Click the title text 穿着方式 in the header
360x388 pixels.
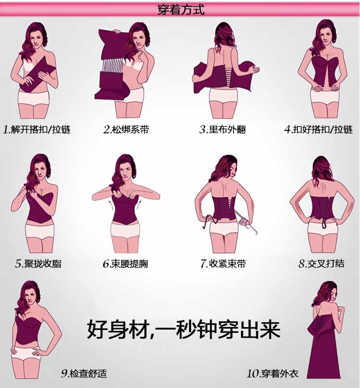(x=180, y=10)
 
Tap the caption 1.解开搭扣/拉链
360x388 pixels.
(x=37, y=129)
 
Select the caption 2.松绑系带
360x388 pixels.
(x=126, y=129)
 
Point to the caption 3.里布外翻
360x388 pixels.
(x=223, y=129)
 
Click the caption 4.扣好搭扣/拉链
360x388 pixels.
(x=318, y=129)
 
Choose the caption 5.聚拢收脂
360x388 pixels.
(x=38, y=263)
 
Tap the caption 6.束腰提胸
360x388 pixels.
(x=125, y=264)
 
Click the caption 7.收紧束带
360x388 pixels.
(x=223, y=263)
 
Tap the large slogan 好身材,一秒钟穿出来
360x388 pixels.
(x=183, y=330)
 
